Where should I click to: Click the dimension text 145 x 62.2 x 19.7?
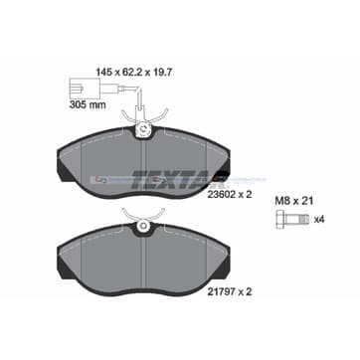133,72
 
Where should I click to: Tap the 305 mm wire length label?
88,105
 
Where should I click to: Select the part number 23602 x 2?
229,195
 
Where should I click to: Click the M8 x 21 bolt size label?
294,201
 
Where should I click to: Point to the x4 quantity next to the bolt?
318,220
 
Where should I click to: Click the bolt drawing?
292,220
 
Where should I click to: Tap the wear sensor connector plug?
85,89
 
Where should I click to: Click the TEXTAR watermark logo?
172,179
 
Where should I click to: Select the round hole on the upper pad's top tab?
143,128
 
